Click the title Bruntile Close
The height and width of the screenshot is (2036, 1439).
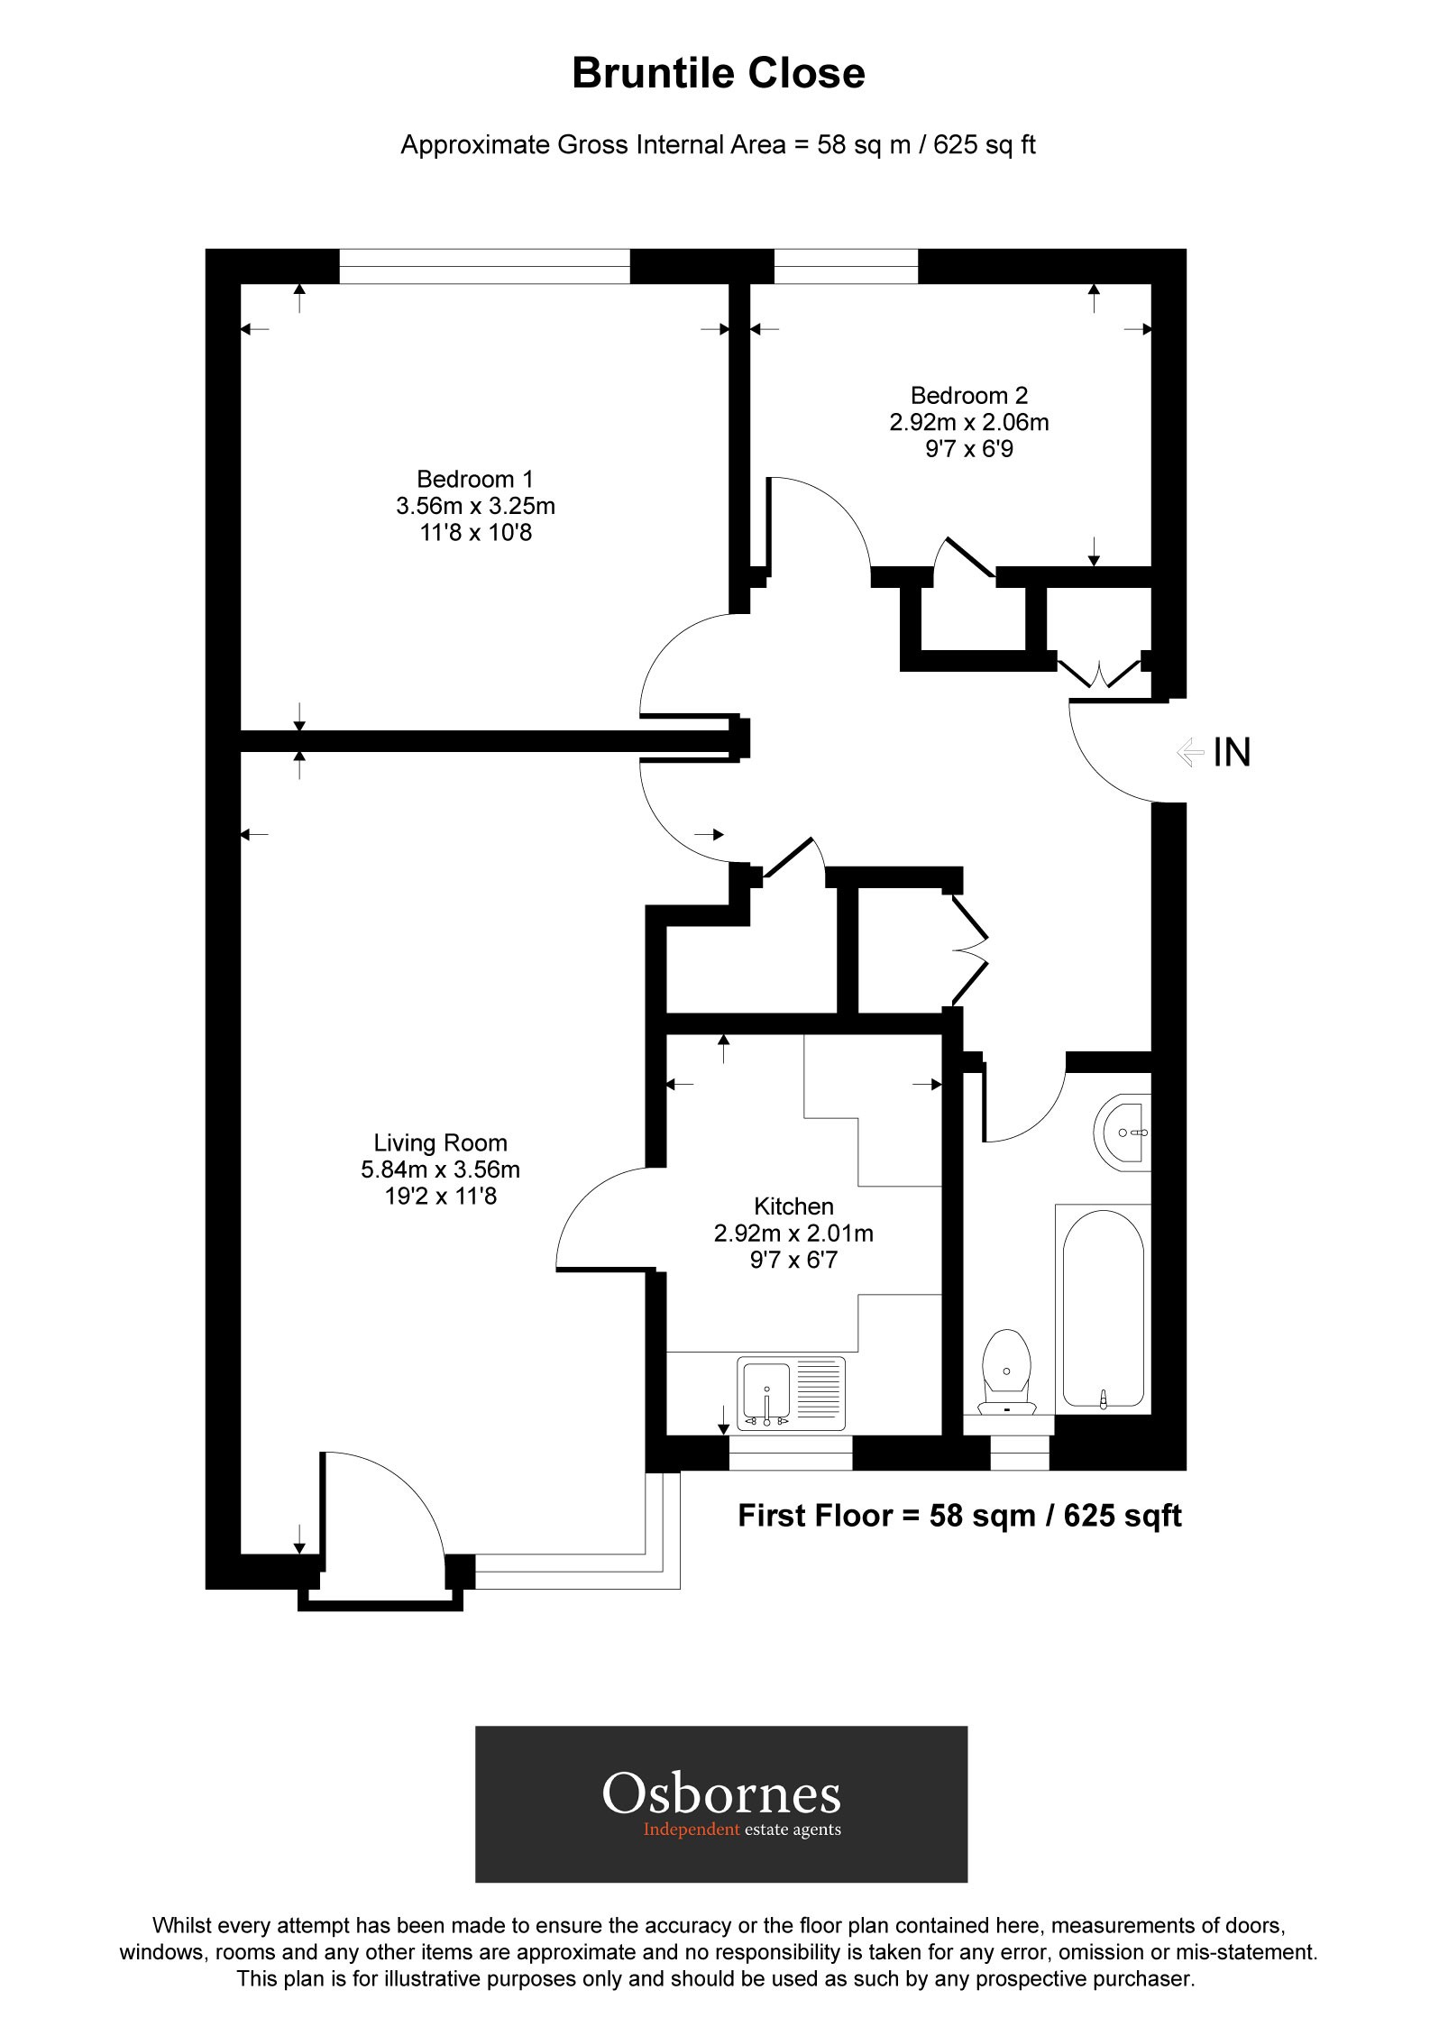(x=719, y=74)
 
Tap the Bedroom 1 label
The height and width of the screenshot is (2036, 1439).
(x=475, y=479)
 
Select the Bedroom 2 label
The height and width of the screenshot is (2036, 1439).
(x=969, y=395)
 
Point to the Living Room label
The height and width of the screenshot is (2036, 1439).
(x=440, y=1143)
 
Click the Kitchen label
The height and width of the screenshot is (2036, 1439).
(x=793, y=1206)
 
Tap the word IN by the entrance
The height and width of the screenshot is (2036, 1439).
(x=1232, y=752)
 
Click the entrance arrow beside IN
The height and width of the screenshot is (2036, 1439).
(x=1190, y=752)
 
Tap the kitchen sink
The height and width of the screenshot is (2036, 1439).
(x=792, y=1393)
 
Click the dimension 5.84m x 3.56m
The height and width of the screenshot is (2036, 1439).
(x=440, y=1170)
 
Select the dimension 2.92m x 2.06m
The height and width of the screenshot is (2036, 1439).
(x=969, y=422)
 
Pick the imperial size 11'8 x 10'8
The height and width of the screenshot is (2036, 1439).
(x=475, y=533)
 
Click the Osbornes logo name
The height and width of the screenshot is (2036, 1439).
(x=721, y=1793)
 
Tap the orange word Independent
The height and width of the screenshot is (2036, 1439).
(x=692, y=1830)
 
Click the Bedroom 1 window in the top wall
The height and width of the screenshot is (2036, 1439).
(x=484, y=266)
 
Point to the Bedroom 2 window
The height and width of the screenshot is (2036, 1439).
(x=847, y=266)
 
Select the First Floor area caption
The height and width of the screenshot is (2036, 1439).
(x=959, y=1516)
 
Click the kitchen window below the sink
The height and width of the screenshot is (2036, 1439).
(x=790, y=1454)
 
